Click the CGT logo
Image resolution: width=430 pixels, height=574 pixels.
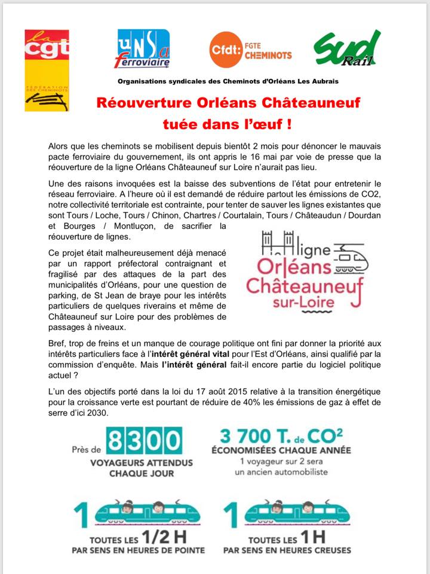(46, 70)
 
